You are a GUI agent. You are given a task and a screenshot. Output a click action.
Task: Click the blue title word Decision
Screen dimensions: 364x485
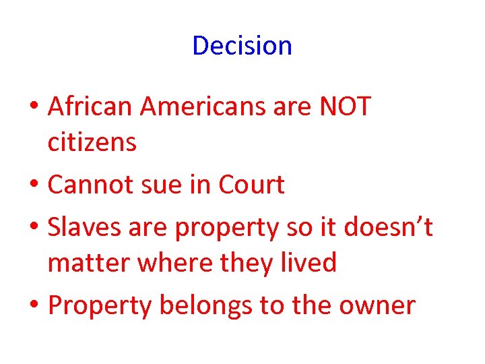click(x=242, y=46)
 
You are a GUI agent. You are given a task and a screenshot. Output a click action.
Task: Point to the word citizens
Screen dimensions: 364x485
click(x=92, y=142)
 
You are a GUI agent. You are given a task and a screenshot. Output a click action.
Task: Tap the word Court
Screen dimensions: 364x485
click(x=252, y=185)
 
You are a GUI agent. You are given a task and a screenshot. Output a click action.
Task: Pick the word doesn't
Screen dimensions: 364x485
click(x=388, y=228)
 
